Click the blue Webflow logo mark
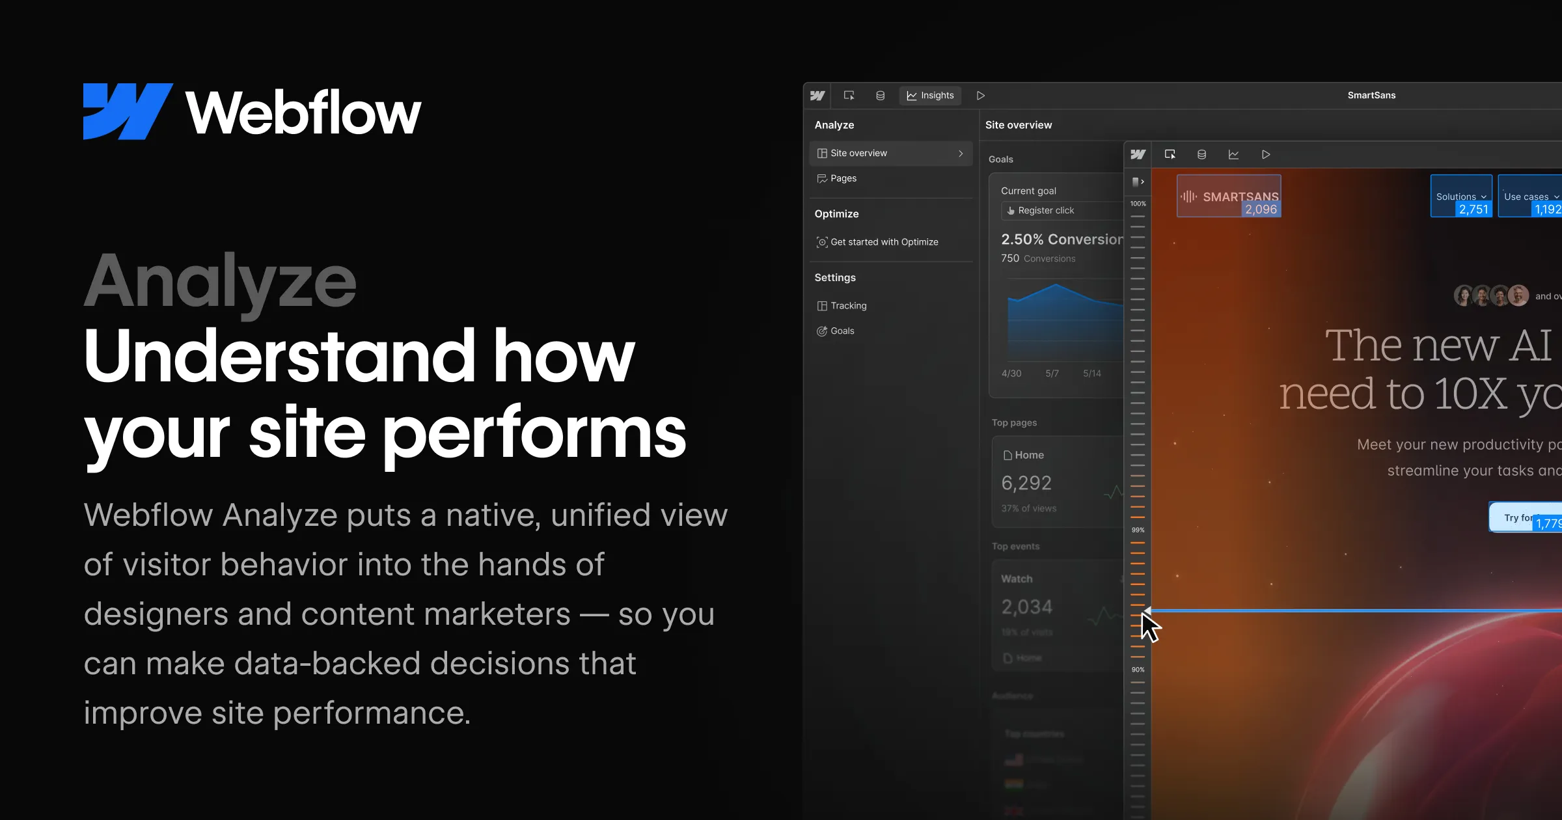tap(127, 111)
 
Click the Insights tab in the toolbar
tap(930, 96)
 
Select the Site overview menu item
tap(858, 153)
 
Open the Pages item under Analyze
tap(843, 178)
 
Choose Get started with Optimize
tap(884, 242)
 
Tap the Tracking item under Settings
tap(848, 306)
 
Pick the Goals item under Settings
tap(842, 331)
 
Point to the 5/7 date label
tap(1052, 374)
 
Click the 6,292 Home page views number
tap(1026, 483)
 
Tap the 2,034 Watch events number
tap(1026, 607)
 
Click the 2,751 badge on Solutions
tap(1473, 210)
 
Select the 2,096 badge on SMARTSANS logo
tap(1261, 210)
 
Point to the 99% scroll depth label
tap(1138, 530)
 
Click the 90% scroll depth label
tap(1138, 670)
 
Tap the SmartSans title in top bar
tap(1371, 96)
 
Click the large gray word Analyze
tap(220, 281)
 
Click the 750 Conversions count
tap(1010, 258)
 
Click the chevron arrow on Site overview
tap(961, 154)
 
